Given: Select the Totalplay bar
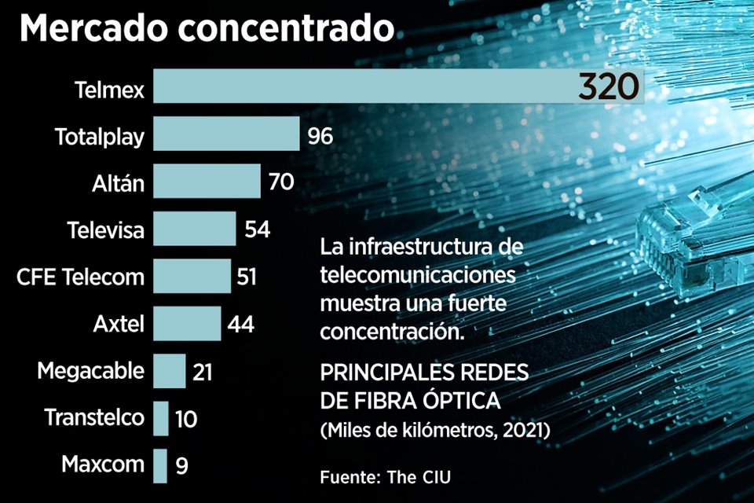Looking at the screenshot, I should pos(226,134).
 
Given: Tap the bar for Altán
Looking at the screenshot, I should pos(207,182).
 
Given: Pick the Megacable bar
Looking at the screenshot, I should pos(170,371).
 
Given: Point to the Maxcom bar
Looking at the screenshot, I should pos(160,465).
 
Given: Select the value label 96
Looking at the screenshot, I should pos(320,136).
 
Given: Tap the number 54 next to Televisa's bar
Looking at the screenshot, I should pos(258,229).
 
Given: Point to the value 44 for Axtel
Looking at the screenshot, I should pos(240,324).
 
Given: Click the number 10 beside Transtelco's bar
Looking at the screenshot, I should pos(186,419).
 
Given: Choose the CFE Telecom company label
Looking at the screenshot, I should pos(81,277).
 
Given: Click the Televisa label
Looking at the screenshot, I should pos(106,230).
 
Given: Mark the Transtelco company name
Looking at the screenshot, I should pos(94,417).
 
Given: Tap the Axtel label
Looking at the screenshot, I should pos(119,324).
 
